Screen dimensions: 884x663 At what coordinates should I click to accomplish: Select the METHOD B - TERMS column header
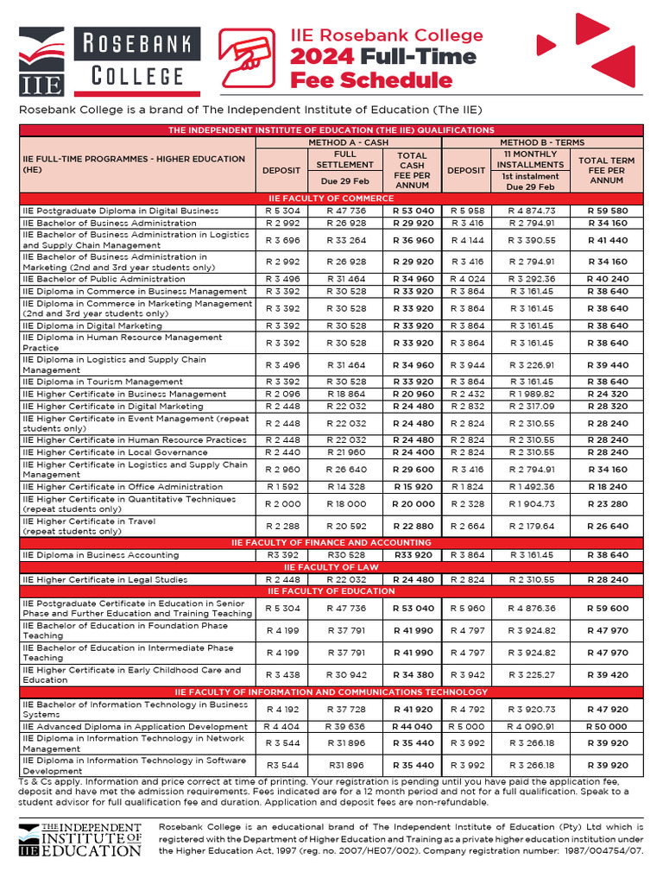click(542, 142)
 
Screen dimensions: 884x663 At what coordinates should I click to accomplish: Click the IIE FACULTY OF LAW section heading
click(331, 567)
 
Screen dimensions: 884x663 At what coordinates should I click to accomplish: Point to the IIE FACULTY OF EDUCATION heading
click(331, 591)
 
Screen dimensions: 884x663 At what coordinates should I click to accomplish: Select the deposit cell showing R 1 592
click(281, 487)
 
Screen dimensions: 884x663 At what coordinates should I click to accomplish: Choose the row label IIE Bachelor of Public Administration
click(104, 280)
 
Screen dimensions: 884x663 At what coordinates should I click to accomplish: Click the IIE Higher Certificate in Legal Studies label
click(104, 579)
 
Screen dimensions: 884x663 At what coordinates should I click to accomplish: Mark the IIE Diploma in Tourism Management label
click(103, 382)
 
